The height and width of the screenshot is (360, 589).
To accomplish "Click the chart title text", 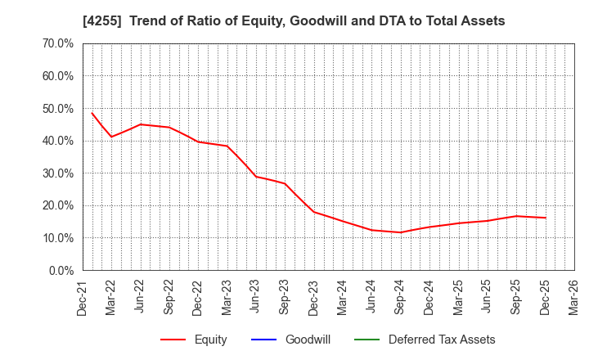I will coord(294,21).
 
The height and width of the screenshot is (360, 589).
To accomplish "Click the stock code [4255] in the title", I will coord(100,21).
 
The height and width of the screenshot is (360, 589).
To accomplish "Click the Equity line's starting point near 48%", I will coord(92,113).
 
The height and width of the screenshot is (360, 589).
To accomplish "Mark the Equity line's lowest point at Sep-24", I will coord(401,232).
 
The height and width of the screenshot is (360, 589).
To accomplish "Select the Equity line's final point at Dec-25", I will coord(546,218).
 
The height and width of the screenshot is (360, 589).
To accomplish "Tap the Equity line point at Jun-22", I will coord(141,124).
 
